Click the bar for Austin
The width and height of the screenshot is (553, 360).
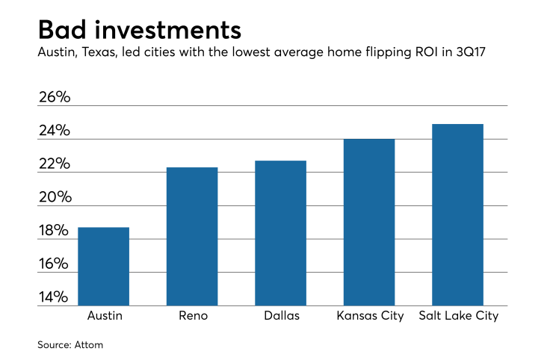pos(104,267)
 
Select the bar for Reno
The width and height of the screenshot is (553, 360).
pos(192,237)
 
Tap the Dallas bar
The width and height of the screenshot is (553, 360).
pos(280,233)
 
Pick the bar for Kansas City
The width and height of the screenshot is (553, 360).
pos(369,223)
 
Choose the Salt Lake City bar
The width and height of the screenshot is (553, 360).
pos(458,215)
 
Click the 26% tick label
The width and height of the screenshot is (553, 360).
pos(55,98)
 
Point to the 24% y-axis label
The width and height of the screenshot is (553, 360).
pos(55,131)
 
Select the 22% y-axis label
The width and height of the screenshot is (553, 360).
pos(55,164)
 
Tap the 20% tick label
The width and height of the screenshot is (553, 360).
pos(55,198)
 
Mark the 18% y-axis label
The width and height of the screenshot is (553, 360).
pos(55,232)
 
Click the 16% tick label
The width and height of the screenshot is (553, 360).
pos(55,264)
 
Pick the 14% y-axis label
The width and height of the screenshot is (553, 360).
pos(55,298)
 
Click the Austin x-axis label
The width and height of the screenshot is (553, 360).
pos(104,316)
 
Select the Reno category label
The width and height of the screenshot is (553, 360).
pos(192,316)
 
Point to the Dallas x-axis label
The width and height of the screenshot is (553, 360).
pos(280,316)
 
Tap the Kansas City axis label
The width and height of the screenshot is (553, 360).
pos(369,316)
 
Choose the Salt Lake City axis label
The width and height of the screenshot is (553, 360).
pos(458,316)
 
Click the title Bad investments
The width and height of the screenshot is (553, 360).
pos(139,30)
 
